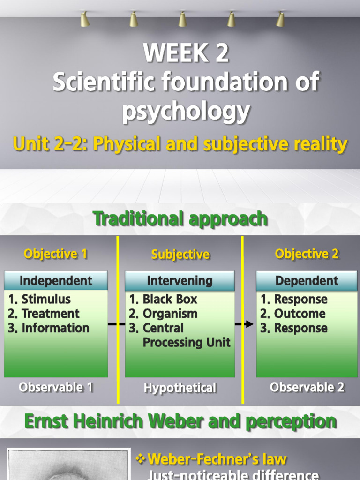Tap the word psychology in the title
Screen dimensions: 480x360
click(x=186, y=112)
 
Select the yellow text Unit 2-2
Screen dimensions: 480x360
click(x=49, y=144)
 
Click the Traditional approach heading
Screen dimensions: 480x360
click(x=180, y=218)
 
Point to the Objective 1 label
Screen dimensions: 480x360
click(x=55, y=254)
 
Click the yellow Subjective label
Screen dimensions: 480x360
click(x=180, y=255)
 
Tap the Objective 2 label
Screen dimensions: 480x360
click(x=307, y=254)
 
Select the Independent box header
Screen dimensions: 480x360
click(x=56, y=281)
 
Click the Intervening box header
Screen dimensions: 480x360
click(x=180, y=281)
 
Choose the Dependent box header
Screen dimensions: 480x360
click(x=307, y=281)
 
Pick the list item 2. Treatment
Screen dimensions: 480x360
click(x=44, y=314)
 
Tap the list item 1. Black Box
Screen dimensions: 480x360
click(x=163, y=299)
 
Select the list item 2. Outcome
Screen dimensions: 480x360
click(x=293, y=314)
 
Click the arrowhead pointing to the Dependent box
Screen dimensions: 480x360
click(x=249, y=324)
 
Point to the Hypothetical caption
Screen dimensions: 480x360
click(x=180, y=388)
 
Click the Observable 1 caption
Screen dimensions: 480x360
click(x=56, y=387)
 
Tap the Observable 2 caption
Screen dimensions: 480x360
click(x=307, y=387)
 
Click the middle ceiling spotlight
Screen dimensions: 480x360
click(x=182, y=20)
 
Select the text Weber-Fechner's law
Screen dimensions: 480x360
click(x=217, y=459)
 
